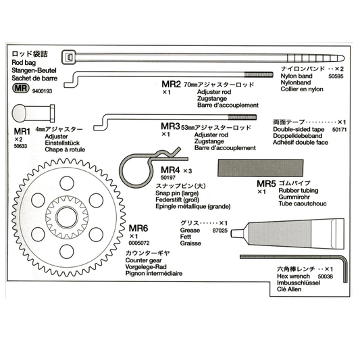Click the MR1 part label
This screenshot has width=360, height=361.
coord(23,130)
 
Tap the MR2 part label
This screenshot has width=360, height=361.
coord(172,85)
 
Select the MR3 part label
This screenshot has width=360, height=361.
coord(171,126)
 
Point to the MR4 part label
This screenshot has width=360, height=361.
coord(171,170)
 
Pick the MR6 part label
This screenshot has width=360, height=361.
coord(140,228)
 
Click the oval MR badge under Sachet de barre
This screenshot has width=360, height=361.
coord(20,87)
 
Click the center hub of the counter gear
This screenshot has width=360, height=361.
coord(68,217)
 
